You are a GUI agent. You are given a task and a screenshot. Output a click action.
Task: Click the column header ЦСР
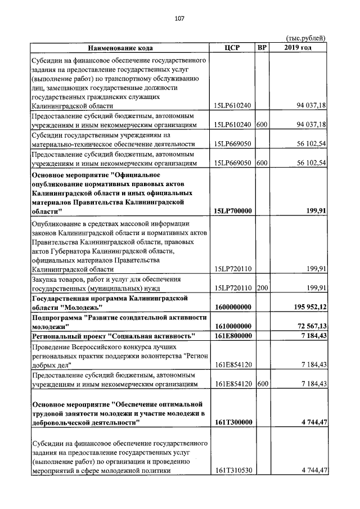click(232, 47)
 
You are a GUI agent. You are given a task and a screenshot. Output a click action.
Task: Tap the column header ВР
click(262, 47)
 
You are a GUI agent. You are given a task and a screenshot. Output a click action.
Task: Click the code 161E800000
click(232, 336)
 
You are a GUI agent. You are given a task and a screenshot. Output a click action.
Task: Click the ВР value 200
click(262, 288)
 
